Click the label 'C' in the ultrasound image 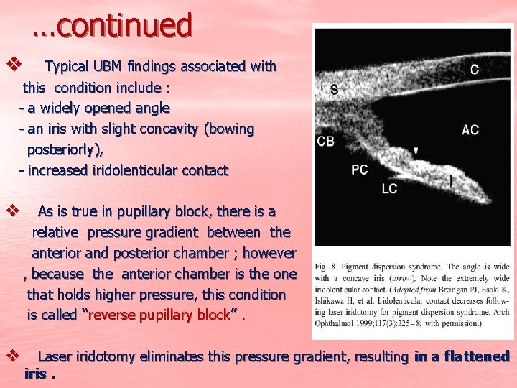pos(475,69)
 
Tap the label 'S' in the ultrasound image pos(335,89)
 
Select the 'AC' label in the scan pos(470,130)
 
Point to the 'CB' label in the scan pos(325,142)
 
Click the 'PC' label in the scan pos(360,170)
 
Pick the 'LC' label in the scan pos(389,188)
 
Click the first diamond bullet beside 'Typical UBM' pos(11,65)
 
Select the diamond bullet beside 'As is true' pos(11,211)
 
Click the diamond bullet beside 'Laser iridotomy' pos(11,356)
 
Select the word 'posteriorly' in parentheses pos(62,150)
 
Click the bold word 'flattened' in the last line pos(477,356)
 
